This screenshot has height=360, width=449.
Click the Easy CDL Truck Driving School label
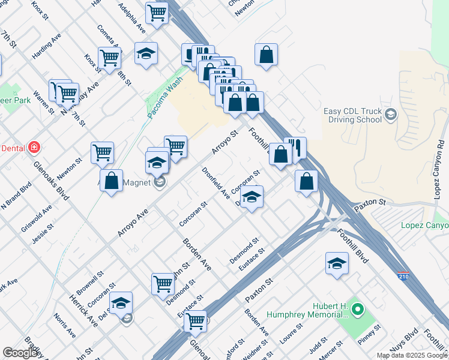[353, 115]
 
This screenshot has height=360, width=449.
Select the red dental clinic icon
[34, 147]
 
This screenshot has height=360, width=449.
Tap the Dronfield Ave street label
[216, 182]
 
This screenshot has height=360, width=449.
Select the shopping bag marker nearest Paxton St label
[306, 181]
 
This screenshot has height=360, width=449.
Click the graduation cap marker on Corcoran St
[253, 197]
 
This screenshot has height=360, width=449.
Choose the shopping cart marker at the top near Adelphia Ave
[157, 12]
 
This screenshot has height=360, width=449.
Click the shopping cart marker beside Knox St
[110, 58]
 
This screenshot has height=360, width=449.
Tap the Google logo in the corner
[20, 353]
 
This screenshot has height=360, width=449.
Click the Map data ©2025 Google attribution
[412, 355]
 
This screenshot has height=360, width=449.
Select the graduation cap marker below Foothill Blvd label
[337, 263]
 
